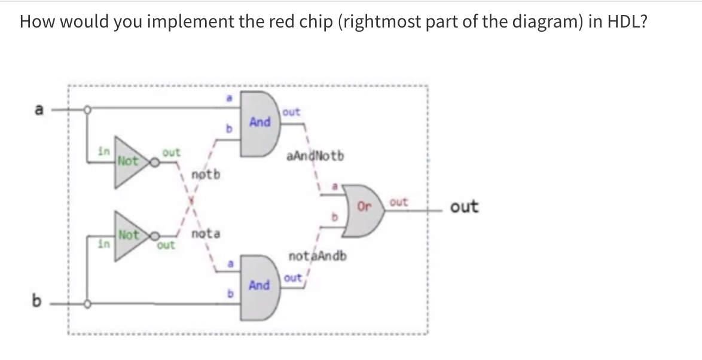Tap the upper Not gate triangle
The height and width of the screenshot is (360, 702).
(x=128, y=160)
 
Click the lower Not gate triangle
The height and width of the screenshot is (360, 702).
(x=128, y=239)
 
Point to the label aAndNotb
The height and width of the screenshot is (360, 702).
(x=315, y=156)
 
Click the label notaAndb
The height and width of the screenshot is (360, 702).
(x=318, y=257)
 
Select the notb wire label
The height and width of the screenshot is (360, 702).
(x=206, y=175)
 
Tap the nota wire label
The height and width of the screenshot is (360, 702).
(x=206, y=234)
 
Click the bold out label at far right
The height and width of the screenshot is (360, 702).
(x=464, y=207)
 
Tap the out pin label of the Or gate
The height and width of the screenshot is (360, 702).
(x=398, y=203)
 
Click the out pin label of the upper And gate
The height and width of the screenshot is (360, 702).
(x=291, y=112)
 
